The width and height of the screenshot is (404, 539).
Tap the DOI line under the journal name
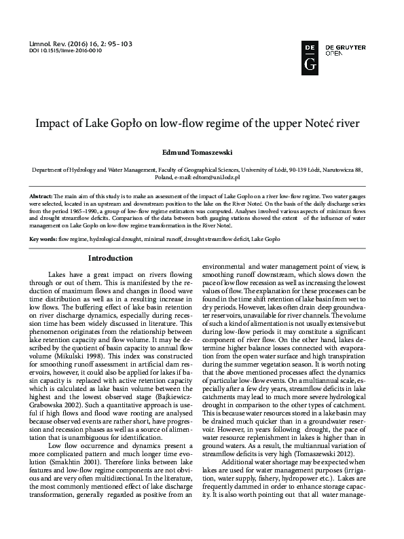62,50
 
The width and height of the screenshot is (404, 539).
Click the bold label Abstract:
43,196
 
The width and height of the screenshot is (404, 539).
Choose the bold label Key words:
43,240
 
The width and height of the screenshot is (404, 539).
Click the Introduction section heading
111,258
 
